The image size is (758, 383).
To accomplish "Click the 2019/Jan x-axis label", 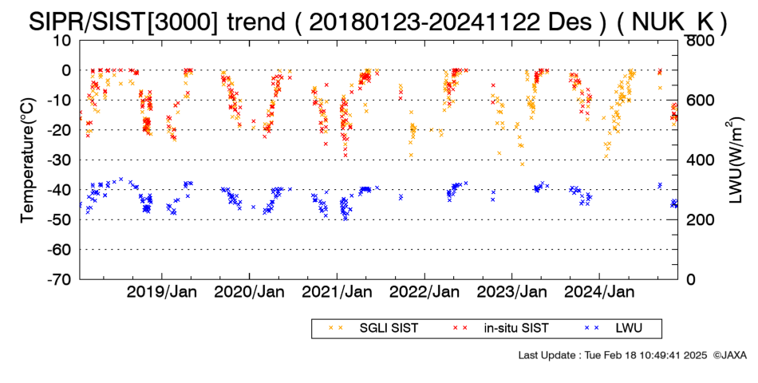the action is [161, 292].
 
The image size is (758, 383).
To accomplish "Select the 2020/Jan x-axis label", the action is [249, 292].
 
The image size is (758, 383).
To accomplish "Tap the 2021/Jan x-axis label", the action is [337, 292].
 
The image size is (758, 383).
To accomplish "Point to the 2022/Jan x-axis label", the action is [424, 292].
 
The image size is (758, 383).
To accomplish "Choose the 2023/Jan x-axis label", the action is [512, 292].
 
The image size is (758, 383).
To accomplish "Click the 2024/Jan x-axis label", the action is [599, 292].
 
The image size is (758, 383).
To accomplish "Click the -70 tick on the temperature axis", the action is [60, 279].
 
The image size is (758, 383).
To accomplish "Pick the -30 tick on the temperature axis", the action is [60, 160].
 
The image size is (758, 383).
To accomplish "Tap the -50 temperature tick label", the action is [60, 219].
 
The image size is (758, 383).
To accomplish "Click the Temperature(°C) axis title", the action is [28, 160].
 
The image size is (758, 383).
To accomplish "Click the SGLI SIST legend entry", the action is [373, 329].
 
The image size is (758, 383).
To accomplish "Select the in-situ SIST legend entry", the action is [501, 329].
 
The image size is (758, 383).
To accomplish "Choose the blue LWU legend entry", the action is [613, 329].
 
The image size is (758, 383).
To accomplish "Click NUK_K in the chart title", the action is [672, 22].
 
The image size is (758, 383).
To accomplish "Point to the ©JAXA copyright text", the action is [729, 355].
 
